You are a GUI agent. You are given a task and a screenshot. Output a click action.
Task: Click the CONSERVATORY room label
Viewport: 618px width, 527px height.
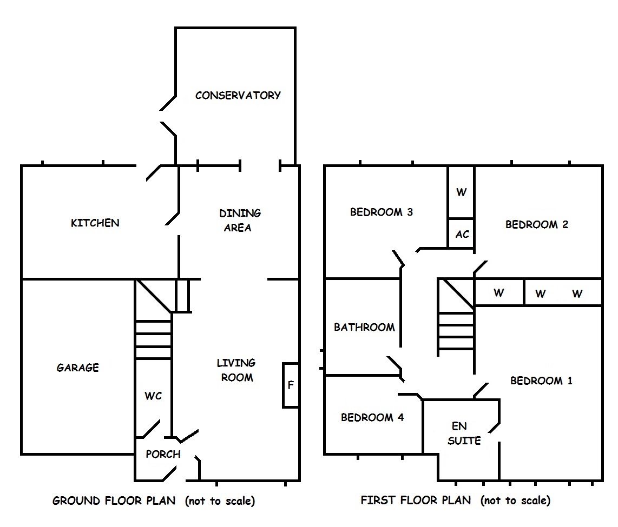click(238, 96)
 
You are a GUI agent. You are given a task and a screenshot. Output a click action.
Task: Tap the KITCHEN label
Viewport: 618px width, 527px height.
click(95, 223)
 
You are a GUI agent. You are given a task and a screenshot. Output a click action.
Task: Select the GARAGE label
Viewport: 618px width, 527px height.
click(78, 368)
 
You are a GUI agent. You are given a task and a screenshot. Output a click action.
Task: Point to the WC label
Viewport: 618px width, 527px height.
click(153, 396)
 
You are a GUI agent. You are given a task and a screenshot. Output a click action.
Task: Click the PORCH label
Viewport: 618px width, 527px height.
click(163, 455)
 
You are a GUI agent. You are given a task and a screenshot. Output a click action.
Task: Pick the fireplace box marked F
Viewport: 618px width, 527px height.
click(291, 385)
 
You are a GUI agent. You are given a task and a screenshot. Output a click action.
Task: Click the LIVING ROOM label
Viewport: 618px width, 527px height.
click(237, 370)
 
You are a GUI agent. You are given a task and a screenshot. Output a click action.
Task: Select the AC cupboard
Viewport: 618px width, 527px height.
click(462, 235)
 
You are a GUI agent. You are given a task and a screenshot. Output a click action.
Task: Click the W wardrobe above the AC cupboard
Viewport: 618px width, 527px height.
click(461, 192)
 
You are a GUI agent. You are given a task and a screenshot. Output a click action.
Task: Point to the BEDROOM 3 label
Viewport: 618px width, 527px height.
click(382, 212)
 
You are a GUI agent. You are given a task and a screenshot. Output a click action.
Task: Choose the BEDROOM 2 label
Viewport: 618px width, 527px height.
click(536, 224)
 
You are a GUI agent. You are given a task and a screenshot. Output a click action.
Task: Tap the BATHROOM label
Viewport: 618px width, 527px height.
click(364, 327)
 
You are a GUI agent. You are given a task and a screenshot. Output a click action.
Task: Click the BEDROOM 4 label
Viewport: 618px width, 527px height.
click(372, 417)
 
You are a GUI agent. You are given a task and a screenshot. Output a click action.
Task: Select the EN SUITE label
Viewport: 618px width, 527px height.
click(464, 433)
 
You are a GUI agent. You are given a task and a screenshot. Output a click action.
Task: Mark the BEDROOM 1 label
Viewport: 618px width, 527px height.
click(541, 381)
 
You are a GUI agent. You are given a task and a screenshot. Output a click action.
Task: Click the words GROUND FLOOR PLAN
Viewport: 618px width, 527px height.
click(114, 501)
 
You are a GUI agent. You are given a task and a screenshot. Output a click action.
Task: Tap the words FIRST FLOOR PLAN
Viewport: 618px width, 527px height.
click(416, 501)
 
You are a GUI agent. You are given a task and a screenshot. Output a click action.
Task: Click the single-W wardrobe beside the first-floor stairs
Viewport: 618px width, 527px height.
click(498, 293)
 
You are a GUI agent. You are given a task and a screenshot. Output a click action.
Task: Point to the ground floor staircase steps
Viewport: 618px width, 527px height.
click(153, 339)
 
